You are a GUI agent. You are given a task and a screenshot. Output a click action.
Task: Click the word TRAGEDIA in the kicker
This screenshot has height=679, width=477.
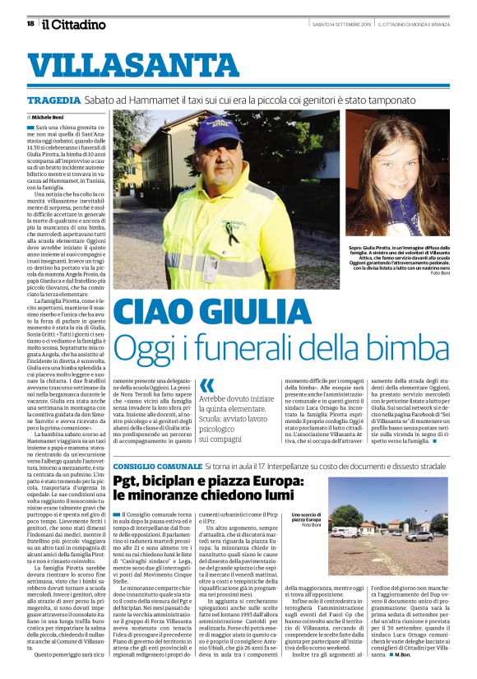click(x=54, y=100)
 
